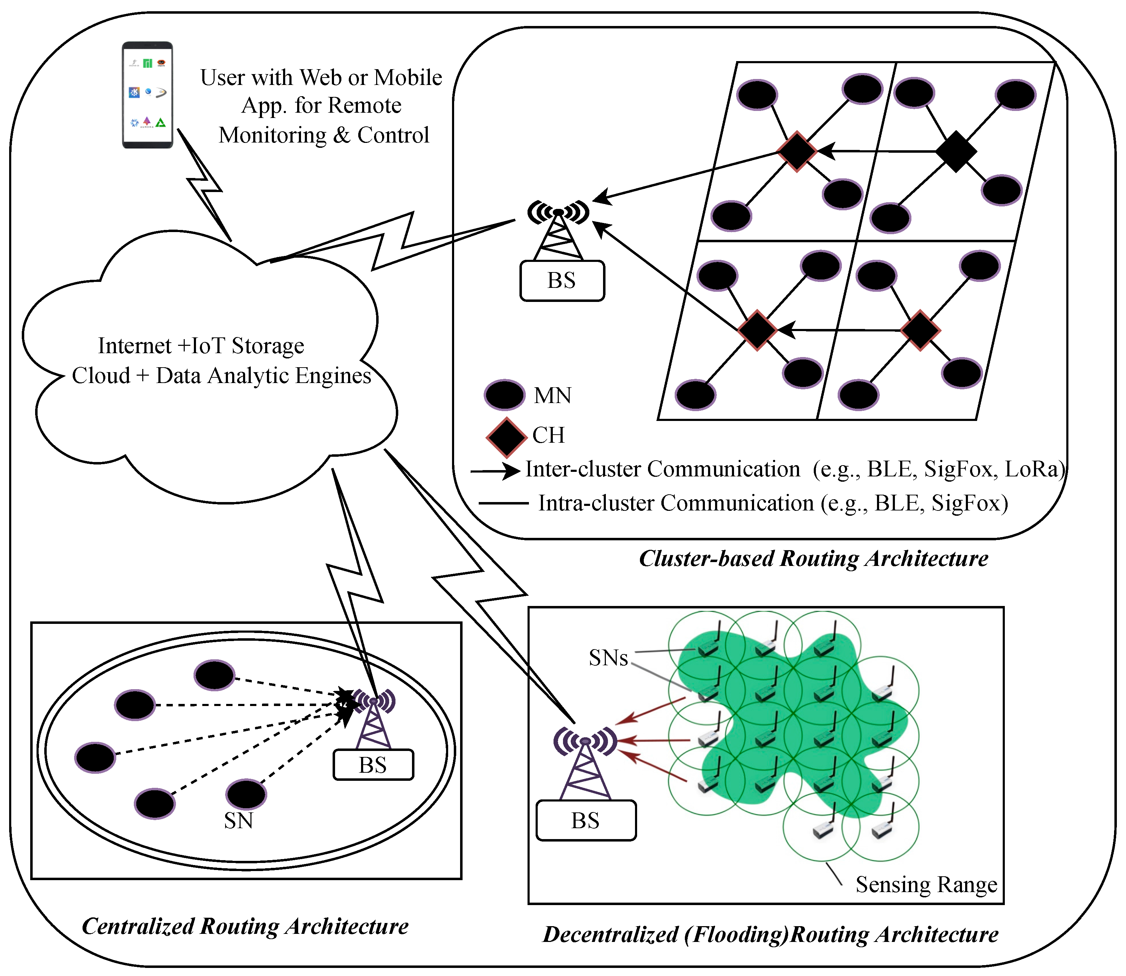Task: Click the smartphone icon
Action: pyautogui.click(x=147, y=95)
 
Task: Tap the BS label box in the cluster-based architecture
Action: pyautogui.click(x=562, y=281)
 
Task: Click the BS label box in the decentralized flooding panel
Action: pyautogui.click(x=585, y=820)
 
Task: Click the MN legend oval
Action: pyautogui.click(x=504, y=395)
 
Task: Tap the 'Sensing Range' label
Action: pyautogui.click(x=926, y=884)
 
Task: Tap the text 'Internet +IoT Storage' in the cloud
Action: pyautogui.click(x=201, y=346)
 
